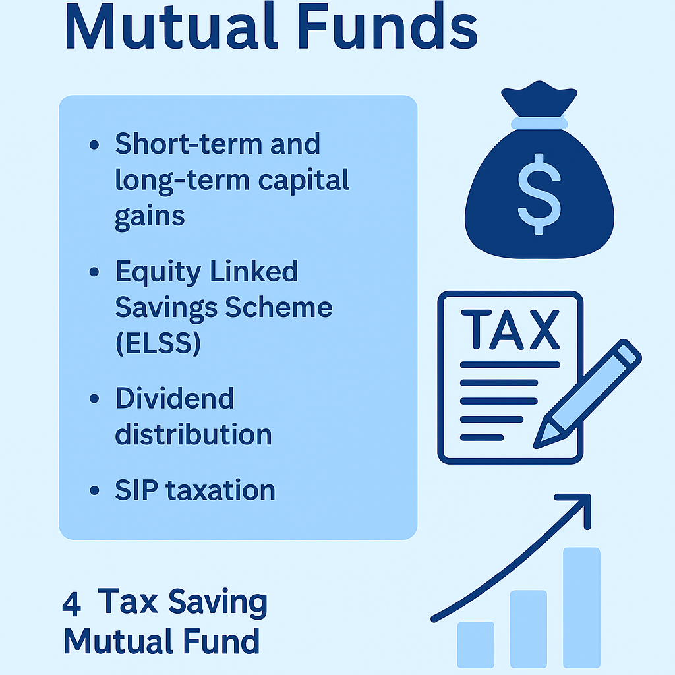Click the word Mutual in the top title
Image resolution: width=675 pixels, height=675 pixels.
tap(171, 26)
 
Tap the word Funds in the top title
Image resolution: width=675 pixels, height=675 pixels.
tap(388, 26)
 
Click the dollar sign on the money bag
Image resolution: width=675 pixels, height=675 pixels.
tap(539, 194)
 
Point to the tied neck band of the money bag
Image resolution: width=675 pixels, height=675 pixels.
tap(539, 123)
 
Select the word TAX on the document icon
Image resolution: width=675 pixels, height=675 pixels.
tap(511, 330)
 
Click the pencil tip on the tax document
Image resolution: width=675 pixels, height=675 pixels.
tap(537, 445)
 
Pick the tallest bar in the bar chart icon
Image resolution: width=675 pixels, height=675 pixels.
tap(581, 607)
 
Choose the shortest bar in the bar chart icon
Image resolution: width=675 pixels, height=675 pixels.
tap(476, 645)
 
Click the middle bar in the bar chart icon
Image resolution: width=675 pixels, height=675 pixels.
tap(529, 629)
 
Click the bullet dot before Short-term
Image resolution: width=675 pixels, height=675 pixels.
tap(94, 144)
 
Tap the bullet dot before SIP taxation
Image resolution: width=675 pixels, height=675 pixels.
tap(94, 490)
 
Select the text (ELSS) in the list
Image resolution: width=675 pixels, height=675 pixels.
tap(158, 343)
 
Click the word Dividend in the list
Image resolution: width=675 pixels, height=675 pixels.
tap(175, 397)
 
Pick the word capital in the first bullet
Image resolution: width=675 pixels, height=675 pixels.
tap(303, 181)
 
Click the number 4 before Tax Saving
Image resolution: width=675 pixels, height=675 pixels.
tap(71, 604)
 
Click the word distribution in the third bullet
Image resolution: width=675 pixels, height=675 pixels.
tap(193, 434)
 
